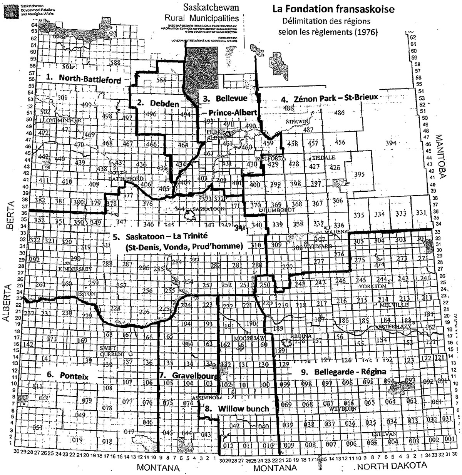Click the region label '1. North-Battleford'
click(x=84, y=79)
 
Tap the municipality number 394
click(x=391, y=143)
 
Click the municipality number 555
click(x=162, y=80)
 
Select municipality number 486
click(x=339, y=113)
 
